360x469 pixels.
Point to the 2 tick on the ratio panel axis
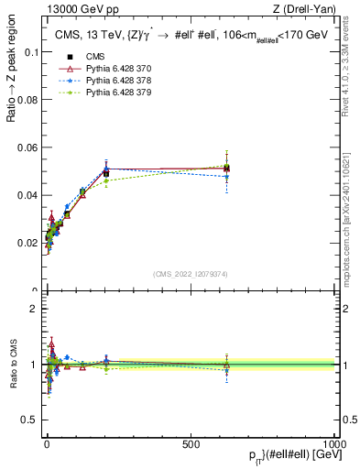point(35,309)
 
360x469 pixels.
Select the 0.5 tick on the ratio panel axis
point(30,420)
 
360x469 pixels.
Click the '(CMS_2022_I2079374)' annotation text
point(190,273)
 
